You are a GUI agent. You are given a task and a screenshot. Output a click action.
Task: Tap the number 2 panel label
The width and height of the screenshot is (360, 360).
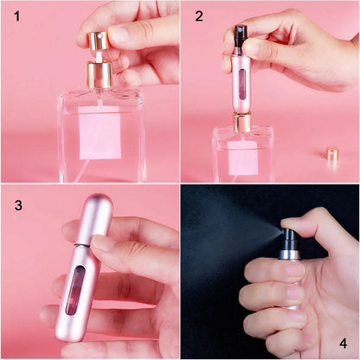(x=199, y=16)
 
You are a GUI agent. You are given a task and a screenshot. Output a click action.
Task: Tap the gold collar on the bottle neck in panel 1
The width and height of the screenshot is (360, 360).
(x=100, y=74)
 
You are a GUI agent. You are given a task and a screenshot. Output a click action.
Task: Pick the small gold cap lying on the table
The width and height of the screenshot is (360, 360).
(x=331, y=155)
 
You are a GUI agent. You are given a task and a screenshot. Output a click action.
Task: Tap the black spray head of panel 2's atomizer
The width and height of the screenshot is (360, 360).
(x=240, y=36)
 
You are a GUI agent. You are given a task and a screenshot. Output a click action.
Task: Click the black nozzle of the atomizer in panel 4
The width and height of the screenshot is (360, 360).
(x=290, y=237)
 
